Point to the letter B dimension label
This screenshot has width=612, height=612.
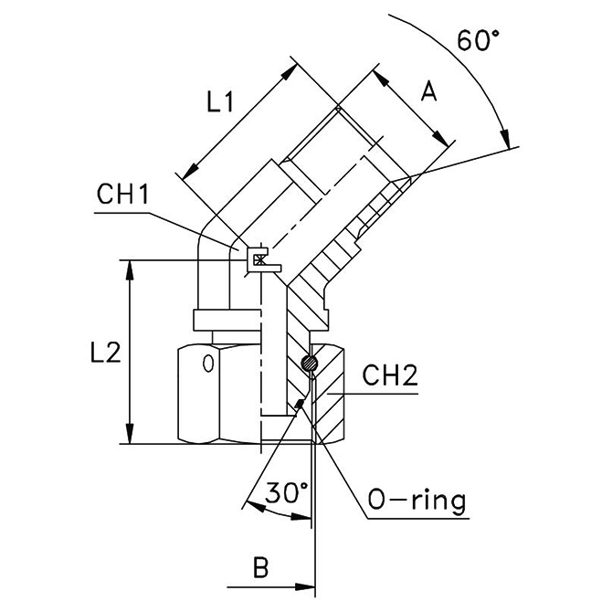(x=261, y=568)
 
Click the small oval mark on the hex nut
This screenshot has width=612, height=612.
(x=207, y=363)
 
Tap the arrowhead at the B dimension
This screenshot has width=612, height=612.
(x=306, y=582)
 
